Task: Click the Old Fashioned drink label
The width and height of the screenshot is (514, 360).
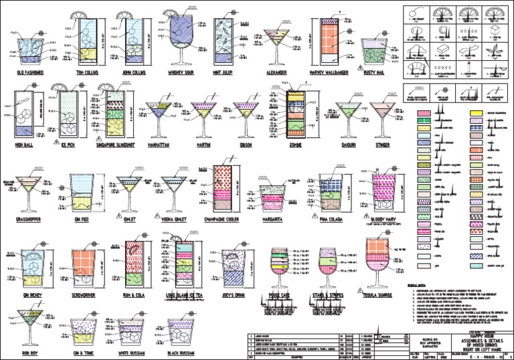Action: [x=31, y=71]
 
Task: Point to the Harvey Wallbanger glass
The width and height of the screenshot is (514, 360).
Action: [x=326, y=40]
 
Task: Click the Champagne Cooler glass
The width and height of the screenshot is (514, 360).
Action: [x=224, y=184]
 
